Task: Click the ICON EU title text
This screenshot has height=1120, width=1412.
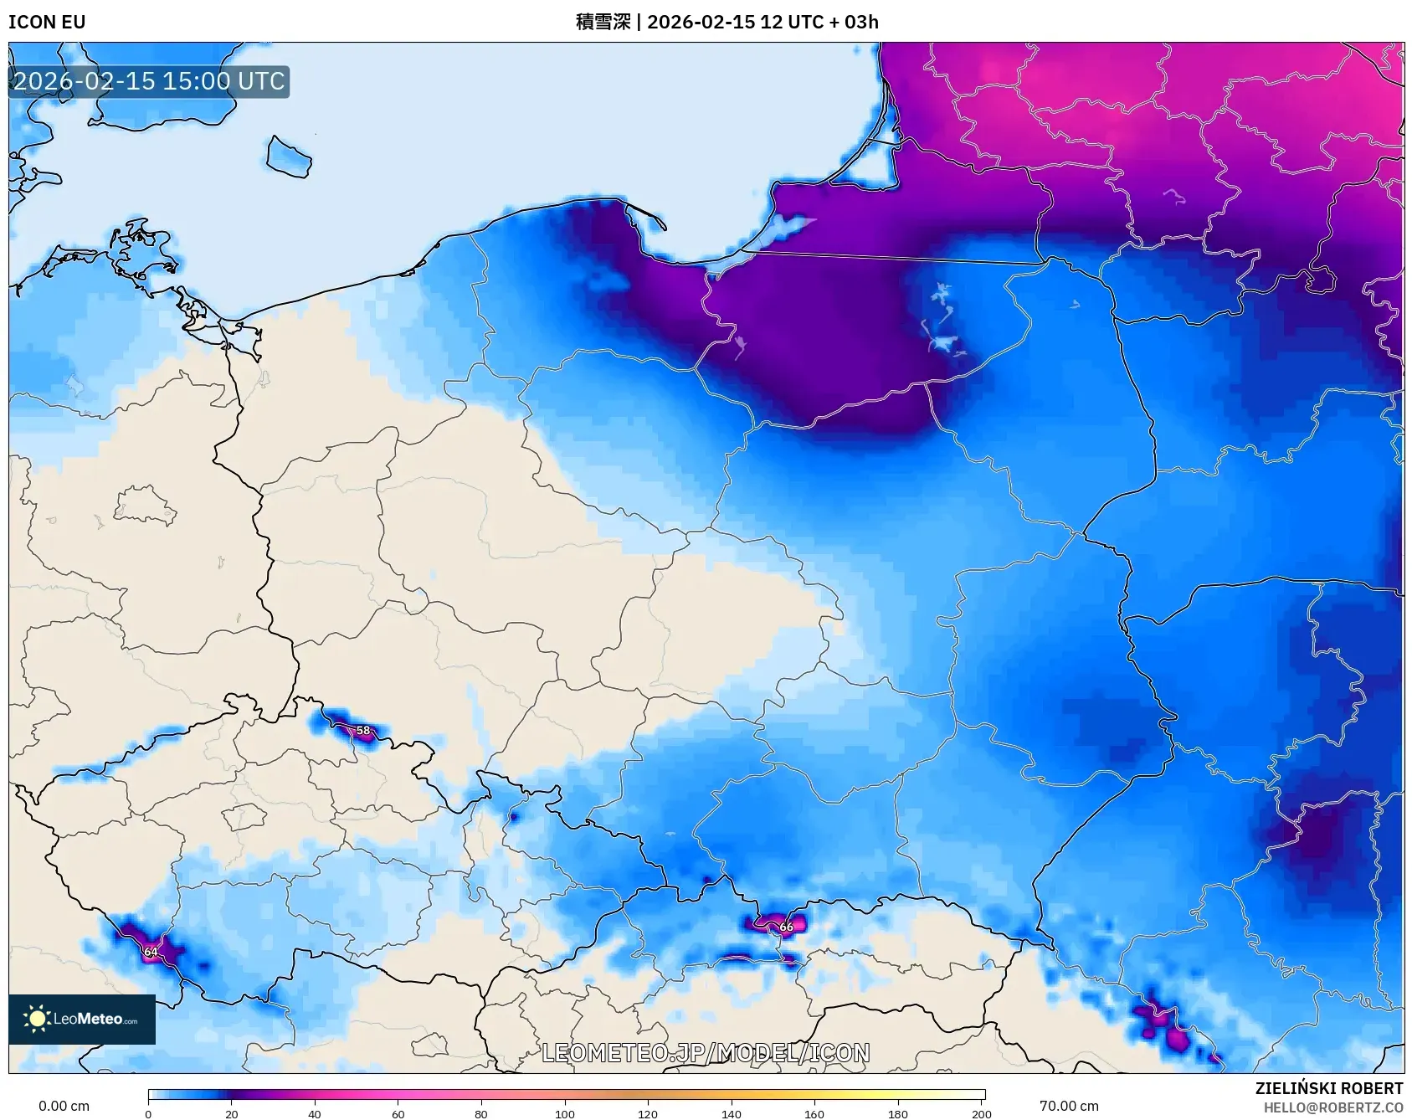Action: pyautogui.click(x=47, y=22)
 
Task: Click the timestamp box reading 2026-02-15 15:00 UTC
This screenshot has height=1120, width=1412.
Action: pyautogui.click(x=149, y=81)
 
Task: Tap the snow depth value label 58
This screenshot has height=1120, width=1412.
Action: pyautogui.click(x=363, y=730)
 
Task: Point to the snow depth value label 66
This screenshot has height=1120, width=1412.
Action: pyautogui.click(x=786, y=927)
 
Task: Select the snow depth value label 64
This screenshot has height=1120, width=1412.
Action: pyautogui.click(x=151, y=952)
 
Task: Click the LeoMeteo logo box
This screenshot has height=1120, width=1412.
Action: pyautogui.click(x=82, y=1019)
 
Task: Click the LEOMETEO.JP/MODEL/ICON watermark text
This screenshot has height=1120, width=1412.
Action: pyautogui.click(x=706, y=1052)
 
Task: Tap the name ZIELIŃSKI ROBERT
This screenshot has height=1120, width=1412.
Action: pyautogui.click(x=1328, y=1088)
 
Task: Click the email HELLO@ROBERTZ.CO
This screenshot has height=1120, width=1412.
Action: pyautogui.click(x=1332, y=1107)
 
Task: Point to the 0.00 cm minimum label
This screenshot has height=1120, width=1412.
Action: pyautogui.click(x=64, y=1106)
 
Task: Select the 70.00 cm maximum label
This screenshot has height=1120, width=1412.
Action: pyautogui.click(x=1069, y=1106)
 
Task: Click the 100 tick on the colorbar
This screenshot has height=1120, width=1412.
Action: pyautogui.click(x=565, y=1113)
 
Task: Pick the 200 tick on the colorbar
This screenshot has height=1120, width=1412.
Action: pyautogui.click(x=982, y=1113)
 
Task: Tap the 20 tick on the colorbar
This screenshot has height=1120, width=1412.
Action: pyautogui.click(x=232, y=1113)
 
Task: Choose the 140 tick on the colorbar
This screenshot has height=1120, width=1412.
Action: pyautogui.click(x=732, y=1113)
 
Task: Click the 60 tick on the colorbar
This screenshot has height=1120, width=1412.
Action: pyautogui.click(x=398, y=1113)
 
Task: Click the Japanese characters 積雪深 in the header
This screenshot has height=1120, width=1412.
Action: pyautogui.click(x=603, y=22)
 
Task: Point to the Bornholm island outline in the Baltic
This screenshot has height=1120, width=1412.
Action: pyautogui.click(x=289, y=157)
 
